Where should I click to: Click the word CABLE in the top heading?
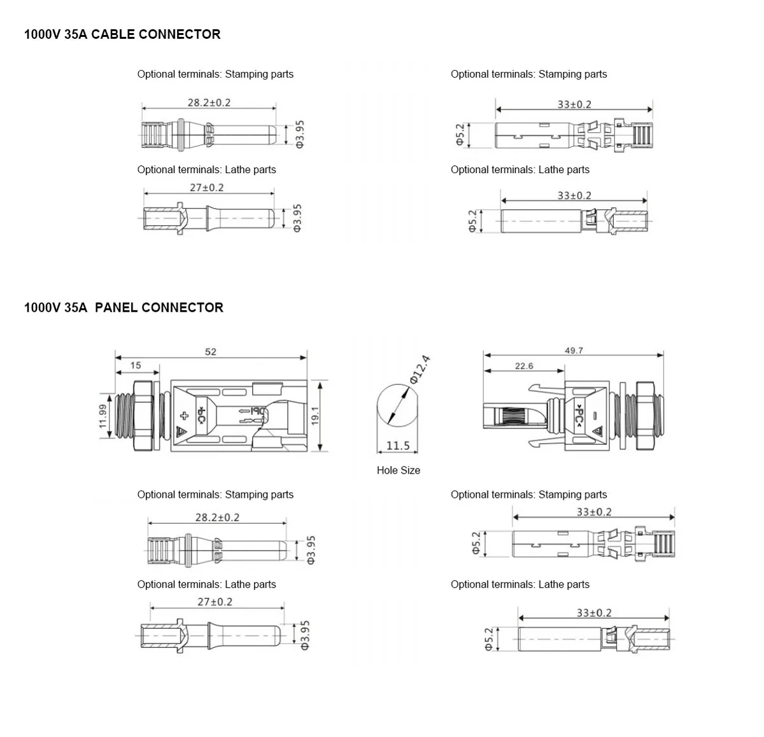pyautogui.click(x=113, y=34)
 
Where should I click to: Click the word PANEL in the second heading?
pyautogui.click(x=116, y=308)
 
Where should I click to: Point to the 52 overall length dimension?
pyautogui.click(x=211, y=351)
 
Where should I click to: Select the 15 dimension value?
pyautogui.click(x=136, y=365)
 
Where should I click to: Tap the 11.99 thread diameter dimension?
pyautogui.click(x=103, y=417)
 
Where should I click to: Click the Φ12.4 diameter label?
pyautogui.click(x=420, y=369)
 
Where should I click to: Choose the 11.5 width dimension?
pyautogui.click(x=398, y=446)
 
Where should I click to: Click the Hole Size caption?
pyautogui.click(x=399, y=470)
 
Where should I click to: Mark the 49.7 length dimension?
pyautogui.click(x=574, y=351)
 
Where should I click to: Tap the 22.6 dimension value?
pyautogui.click(x=524, y=366)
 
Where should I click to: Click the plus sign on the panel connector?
pyautogui.click(x=185, y=417)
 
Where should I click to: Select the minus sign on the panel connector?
pyautogui.click(x=594, y=416)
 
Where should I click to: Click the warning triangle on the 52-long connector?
pyautogui.click(x=182, y=432)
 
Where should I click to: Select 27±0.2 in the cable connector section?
pyautogui.click(x=207, y=188)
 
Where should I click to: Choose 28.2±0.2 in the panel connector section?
pyautogui.click(x=217, y=517)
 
